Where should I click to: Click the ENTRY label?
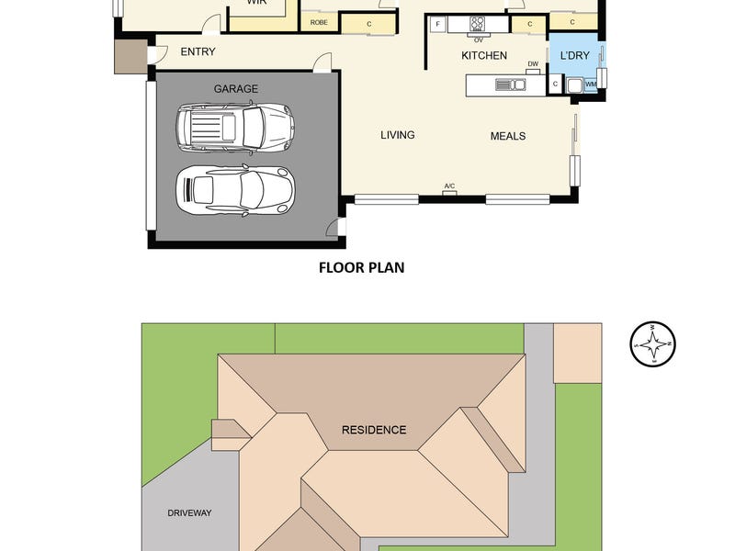pyautogui.click(x=198, y=52)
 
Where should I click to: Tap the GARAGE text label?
pyautogui.click(x=236, y=89)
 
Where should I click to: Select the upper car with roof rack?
pyautogui.click(x=234, y=127)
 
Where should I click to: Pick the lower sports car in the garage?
pyautogui.click(x=234, y=188)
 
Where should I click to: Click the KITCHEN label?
pyautogui.click(x=483, y=56)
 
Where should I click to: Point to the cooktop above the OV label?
pyautogui.click(x=478, y=25)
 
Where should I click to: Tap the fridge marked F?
pyautogui.click(x=437, y=24)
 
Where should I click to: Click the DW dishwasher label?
pyautogui.click(x=533, y=64)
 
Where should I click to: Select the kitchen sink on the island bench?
pyautogui.click(x=510, y=85)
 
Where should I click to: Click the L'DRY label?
pyautogui.click(x=574, y=56)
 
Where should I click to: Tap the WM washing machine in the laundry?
pyautogui.click(x=590, y=85)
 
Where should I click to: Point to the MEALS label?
pyautogui.click(x=507, y=136)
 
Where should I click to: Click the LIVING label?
pyautogui.click(x=398, y=135)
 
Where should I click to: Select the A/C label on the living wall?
pyautogui.click(x=449, y=186)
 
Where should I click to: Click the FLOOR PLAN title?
pyautogui.click(x=361, y=268)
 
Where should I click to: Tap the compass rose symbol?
pyautogui.click(x=653, y=345)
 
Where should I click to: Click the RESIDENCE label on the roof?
pyautogui.click(x=374, y=430)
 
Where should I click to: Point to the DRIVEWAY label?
pyautogui.click(x=189, y=512)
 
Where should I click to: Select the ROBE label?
pyautogui.click(x=319, y=22)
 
